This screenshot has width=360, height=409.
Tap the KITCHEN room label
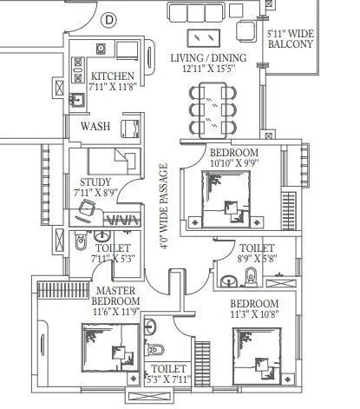(113, 76)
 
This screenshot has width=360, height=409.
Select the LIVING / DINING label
(208, 59)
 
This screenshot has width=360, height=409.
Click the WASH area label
(95, 127)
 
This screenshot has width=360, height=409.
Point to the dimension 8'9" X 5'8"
(256, 258)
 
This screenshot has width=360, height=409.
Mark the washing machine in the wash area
(132, 129)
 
